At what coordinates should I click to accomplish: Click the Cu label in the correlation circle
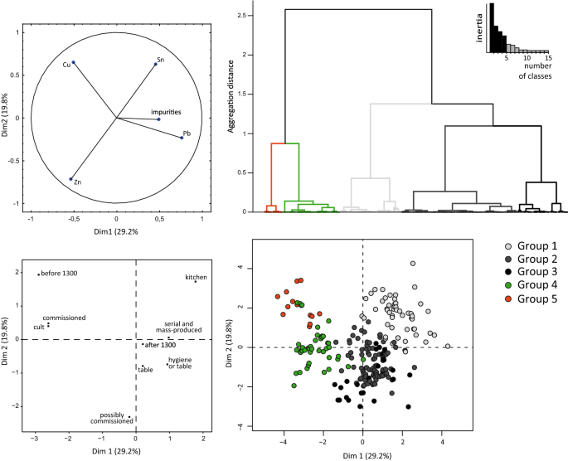click(x=66, y=64)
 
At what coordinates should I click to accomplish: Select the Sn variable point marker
click(x=155, y=65)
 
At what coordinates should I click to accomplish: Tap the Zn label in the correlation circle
click(x=76, y=182)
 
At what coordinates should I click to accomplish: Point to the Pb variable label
click(x=187, y=133)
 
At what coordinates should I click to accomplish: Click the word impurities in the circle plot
click(x=166, y=111)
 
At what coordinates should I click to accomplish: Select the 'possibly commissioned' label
click(x=112, y=418)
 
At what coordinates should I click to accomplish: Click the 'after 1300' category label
click(x=158, y=344)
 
